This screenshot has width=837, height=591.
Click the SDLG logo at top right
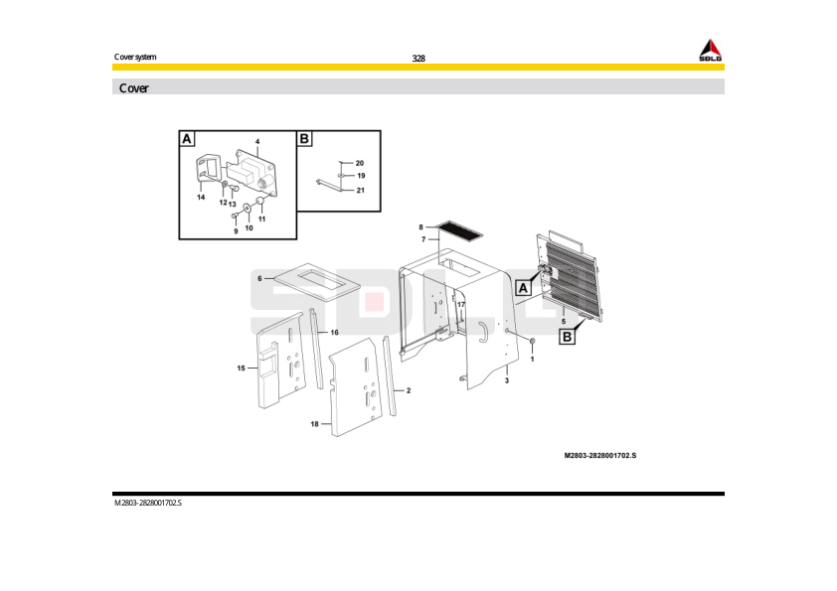pyautogui.click(x=709, y=51)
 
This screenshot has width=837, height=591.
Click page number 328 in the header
pyautogui.click(x=418, y=59)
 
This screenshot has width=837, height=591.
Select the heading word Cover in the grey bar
pyautogui.click(x=134, y=88)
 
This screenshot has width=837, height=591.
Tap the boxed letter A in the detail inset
pyautogui.click(x=187, y=139)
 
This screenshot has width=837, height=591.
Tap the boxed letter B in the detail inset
pyautogui.click(x=305, y=139)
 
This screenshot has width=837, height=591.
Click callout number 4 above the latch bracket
pyautogui.click(x=256, y=141)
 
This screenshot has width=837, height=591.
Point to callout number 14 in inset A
pyautogui.click(x=201, y=198)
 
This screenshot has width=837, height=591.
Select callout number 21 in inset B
pyautogui.click(x=361, y=189)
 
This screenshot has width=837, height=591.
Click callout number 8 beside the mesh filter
pyautogui.click(x=420, y=227)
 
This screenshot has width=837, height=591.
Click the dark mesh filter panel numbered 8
pyautogui.click(x=459, y=230)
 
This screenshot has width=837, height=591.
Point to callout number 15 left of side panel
pyautogui.click(x=241, y=369)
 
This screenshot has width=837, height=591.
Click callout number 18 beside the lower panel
pyautogui.click(x=314, y=424)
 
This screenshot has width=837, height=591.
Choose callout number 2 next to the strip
pyautogui.click(x=408, y=390)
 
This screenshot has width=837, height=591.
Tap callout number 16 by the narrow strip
pyautogui.click(x=335, y=332)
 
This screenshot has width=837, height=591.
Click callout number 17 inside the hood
pyautogui.click(x=460, y=305)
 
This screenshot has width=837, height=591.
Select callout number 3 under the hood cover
pyautogui.click(x=507, y=380)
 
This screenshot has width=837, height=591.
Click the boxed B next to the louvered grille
pyautogui.click(x=567, y=338)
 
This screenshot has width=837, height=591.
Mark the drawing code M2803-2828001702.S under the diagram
pyautogui.click(x=599, y=455)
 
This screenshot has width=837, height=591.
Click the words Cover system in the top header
pyautogui.click(x=135, y=57)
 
